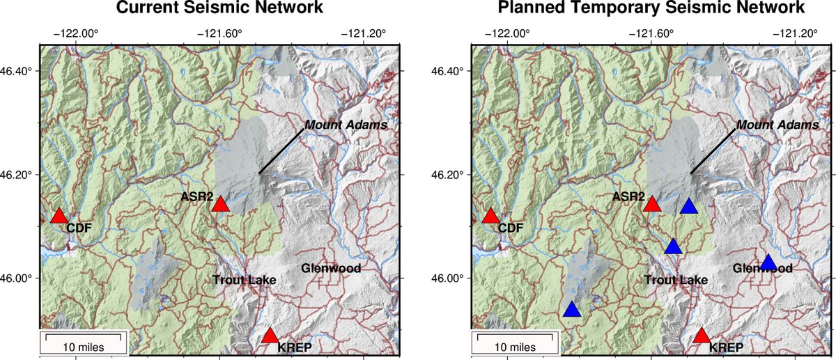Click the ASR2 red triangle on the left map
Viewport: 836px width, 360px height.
221,205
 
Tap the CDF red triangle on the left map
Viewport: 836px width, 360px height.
59,217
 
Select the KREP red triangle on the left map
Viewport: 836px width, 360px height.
270,336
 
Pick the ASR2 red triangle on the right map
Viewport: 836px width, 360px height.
652,205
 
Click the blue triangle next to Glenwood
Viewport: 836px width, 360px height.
768,263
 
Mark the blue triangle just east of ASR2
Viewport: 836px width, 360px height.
689,206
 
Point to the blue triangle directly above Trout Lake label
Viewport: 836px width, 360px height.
673,247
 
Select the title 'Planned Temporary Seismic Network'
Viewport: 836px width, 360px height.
651,9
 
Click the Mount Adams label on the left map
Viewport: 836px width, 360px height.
346,125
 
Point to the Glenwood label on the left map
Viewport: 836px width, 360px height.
331,268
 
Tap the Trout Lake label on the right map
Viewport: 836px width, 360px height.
676,281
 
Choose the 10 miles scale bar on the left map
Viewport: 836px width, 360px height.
84,343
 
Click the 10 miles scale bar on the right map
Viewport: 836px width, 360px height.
516,343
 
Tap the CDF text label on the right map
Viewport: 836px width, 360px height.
511,227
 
